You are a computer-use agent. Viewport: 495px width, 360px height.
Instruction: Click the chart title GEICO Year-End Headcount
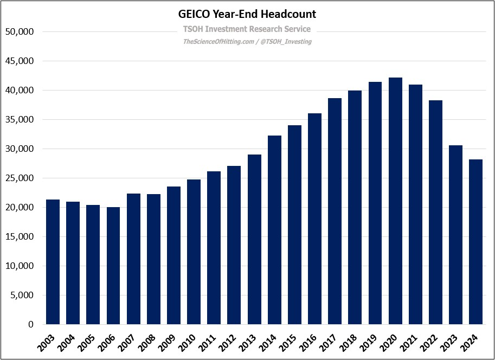coord(247,14)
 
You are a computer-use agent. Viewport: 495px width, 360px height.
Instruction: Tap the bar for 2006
coord(113,266)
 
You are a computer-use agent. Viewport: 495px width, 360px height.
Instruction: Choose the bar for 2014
coord(274,230)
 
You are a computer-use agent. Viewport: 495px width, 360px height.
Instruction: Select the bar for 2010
coord(194,252)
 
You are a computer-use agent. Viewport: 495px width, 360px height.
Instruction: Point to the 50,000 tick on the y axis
coord(19,32)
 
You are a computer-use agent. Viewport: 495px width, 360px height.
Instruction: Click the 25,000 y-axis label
coord(19,178)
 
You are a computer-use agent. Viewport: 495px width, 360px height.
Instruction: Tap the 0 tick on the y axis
coord(31,325)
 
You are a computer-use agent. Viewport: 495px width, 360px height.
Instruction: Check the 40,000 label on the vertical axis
coord(19,91)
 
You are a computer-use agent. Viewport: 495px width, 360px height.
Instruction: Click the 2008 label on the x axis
coord(153,340)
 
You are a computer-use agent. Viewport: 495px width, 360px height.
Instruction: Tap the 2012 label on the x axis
coord(233,340)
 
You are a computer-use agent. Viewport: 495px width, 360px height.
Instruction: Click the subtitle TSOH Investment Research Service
coord(247,29)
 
